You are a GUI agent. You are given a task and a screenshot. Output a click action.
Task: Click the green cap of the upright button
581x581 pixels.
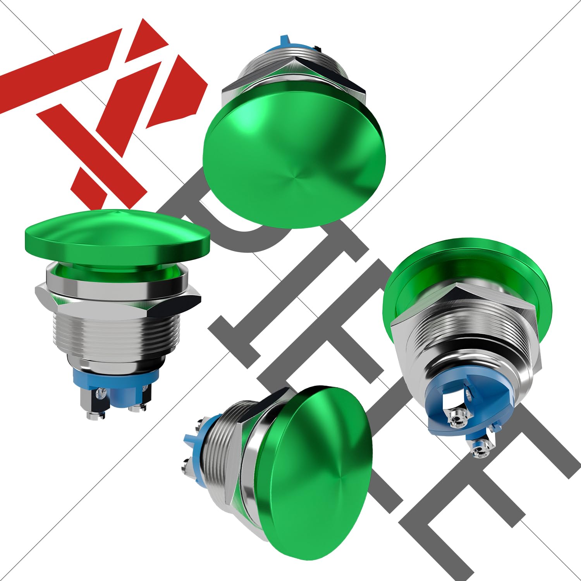pyautogui.click(x=116, y=236)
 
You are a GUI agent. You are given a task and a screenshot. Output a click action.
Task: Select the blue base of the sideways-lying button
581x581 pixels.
pyautogui.click(x=198, y=445)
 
